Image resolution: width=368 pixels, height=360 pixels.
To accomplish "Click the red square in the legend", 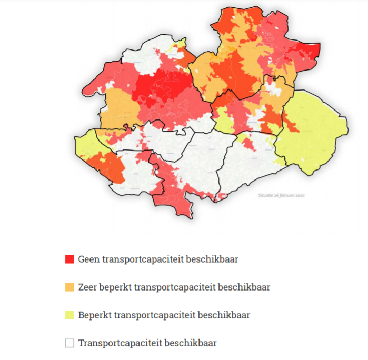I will click(69, 259).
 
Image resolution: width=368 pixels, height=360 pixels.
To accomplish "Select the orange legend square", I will click(69, 287).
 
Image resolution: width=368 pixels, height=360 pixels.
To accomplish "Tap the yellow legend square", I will click(69, 315).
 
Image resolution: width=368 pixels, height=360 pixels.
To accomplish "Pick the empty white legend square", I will click(69, 343).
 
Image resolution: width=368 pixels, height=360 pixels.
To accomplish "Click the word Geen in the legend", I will click(88, 259).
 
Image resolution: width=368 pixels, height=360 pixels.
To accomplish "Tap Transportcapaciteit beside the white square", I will click(121, 343).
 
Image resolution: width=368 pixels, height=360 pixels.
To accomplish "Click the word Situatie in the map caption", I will click(266, 195).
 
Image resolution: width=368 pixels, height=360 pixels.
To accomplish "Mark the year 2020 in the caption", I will click(300, 195).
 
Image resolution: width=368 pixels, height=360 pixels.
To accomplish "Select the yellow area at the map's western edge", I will click(84, 145).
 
